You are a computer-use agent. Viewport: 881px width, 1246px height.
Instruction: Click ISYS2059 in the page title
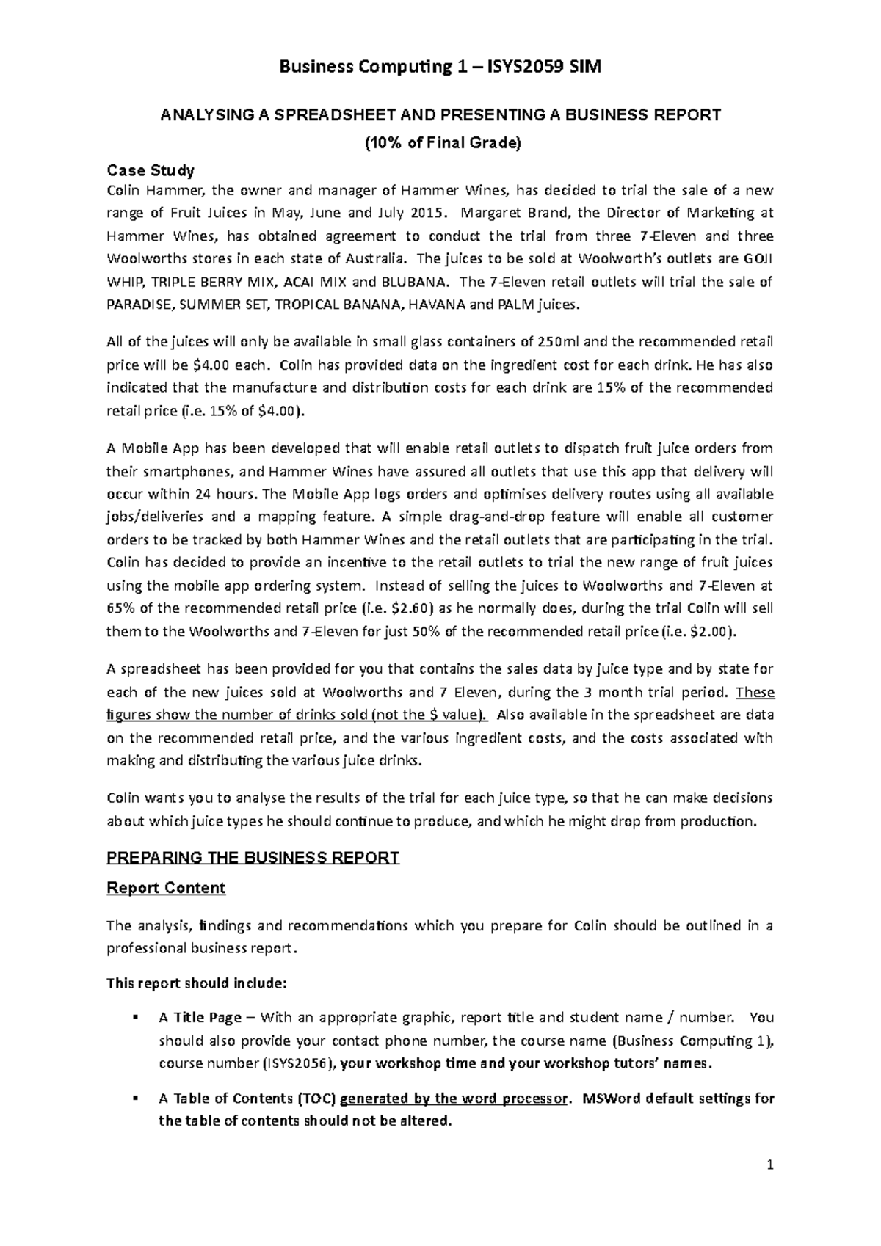pos(523,68)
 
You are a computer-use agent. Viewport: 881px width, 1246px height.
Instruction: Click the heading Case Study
pos(151,171)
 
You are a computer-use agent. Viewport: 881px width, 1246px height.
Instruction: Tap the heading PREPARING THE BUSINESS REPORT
pos(253,858)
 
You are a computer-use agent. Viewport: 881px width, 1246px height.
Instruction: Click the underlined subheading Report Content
pos(166,888)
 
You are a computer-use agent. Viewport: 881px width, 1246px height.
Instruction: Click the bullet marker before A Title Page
pos(136,1018)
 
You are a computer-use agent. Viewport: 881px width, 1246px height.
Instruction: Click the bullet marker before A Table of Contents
pos(136,1099)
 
